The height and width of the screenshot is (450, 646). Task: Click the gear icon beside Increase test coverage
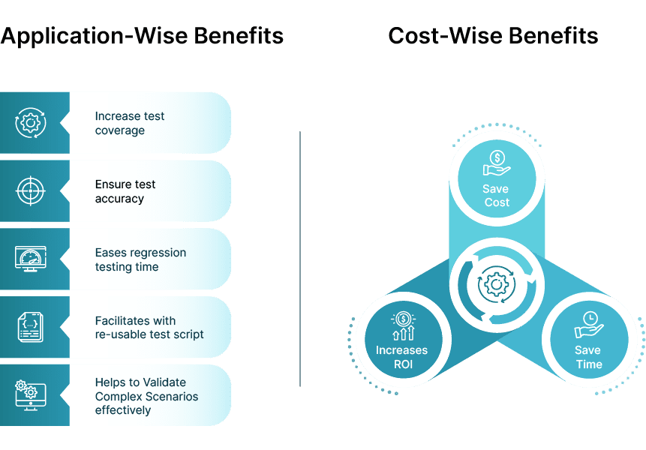pos(31,123)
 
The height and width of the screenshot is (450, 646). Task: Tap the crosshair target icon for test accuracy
pos(31,190)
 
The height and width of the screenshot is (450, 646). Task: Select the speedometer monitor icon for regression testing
pos(31,259)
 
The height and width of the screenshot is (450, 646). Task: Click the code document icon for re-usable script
pos(31,327)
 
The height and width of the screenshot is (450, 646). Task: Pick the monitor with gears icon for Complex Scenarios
pos(31,394)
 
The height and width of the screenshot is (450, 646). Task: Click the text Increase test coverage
pos(129,123)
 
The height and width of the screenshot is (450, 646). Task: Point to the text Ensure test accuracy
pos(125,191)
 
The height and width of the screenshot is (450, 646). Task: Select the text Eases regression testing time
pos(140,259)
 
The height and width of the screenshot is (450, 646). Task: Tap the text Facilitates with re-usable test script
pos(149,327)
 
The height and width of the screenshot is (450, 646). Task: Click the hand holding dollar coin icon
pos(497,163)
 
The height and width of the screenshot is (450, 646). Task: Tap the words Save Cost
pos(496,196)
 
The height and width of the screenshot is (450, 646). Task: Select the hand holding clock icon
pos(589,324)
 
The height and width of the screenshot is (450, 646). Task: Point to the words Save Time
pos(588,357)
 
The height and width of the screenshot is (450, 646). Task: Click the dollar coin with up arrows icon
pos(402,325)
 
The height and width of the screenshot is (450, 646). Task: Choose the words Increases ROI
pos(401,357)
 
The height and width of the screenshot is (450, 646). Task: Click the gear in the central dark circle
pos(495,284)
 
